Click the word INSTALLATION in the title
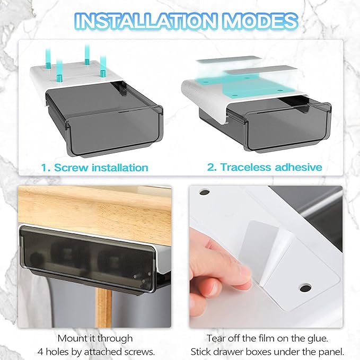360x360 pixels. pos(145,21)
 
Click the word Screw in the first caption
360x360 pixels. pos(71,168)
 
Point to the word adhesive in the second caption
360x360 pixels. pos(298,167)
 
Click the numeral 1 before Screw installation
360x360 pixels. pos(45,168)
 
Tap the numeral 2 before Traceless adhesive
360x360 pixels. pos(212,167)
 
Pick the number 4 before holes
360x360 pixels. pos(40,352)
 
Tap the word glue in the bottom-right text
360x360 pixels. pos(317,339)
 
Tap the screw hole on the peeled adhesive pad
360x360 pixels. pos(305,287)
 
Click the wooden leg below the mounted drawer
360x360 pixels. pos(103,308)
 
